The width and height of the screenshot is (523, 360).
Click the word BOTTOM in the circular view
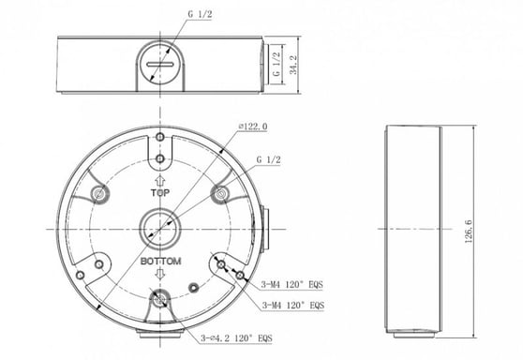click(x=160, y=261)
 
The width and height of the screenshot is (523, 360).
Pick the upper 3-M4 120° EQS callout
click(x=293, y=278)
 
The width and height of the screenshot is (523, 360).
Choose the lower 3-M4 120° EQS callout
click(x=293, y=305)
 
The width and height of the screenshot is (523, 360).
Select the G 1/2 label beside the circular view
click(x=268, y=159)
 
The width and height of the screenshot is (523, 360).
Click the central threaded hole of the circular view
click(x=160, y=226)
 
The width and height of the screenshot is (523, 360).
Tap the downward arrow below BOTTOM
click(x=160, y=275)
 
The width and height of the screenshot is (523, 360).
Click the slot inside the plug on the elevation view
click(x=160, y=67)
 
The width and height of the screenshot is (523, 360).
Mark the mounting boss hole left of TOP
click(x=99, y=194)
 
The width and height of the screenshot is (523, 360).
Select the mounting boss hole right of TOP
click(x=221, y=194)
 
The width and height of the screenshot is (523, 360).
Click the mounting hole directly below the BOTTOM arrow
click(x=160, y=302)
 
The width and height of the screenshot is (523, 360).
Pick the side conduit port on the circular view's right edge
click(x=262, y=226)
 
